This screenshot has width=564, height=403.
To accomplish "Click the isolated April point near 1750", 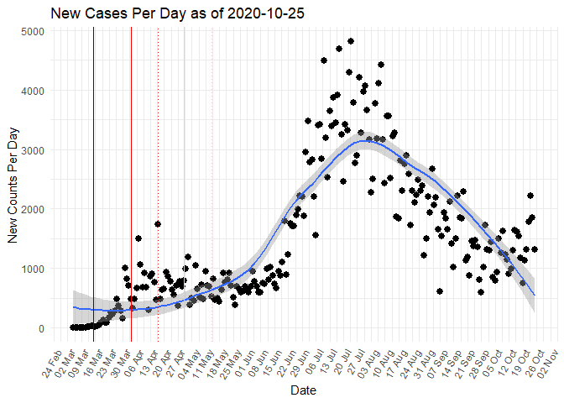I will (x=158, y=224).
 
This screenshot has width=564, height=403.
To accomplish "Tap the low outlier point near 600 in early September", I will (x=440, y=291).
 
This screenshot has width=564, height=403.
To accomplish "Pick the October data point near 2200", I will (x=530, y=196).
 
